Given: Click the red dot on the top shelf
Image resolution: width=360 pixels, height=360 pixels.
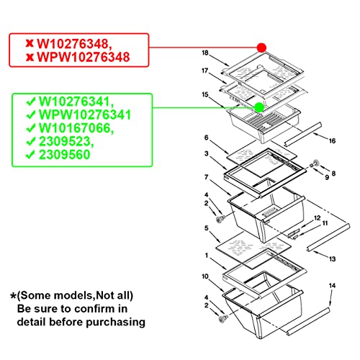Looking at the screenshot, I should pyautogui.click(x=261, y=48).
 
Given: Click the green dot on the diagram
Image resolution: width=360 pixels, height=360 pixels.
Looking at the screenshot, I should pyautogui.click(x=258, y=108).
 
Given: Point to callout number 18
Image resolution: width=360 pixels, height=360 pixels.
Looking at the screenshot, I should pyautogui.click(x=204, y=53).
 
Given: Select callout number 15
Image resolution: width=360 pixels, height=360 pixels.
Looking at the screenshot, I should pyautogui.click(x=204, y=94).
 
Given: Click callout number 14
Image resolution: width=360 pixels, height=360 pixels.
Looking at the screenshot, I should pyautogui.click(x=332, y=286).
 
